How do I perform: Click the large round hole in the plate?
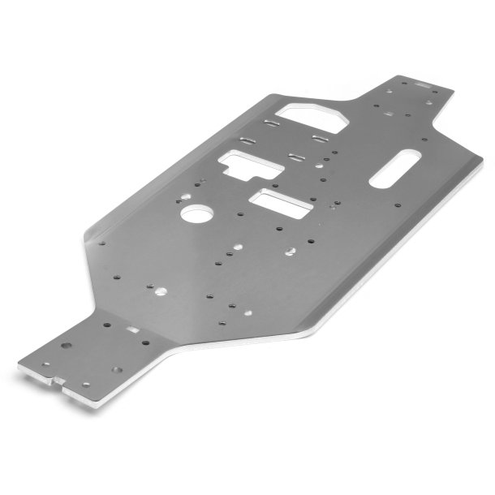(x=196, y=214)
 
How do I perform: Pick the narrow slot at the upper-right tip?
(x=422, y=84)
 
